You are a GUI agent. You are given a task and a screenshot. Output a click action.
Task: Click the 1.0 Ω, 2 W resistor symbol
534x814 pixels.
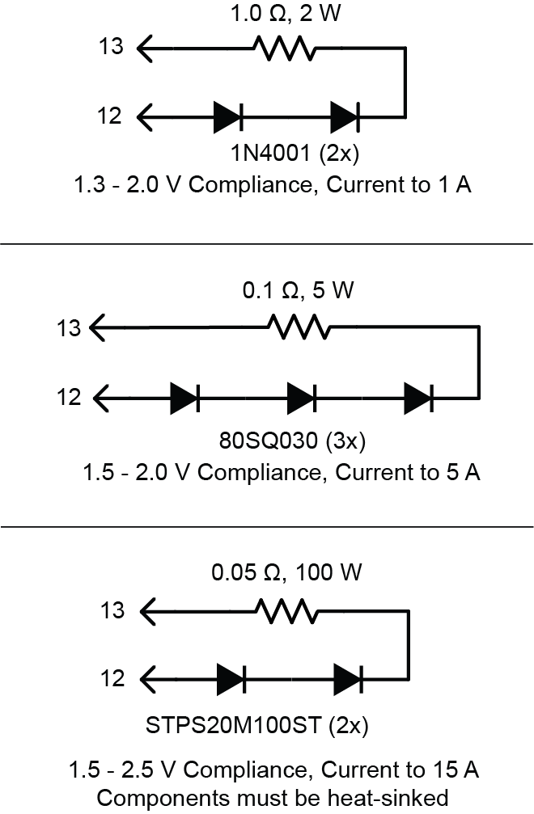tap(286, 49)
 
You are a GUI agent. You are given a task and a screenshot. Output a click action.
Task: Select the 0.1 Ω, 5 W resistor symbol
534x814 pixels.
tap(299, 328)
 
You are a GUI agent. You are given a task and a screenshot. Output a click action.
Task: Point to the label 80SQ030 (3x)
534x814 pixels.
tap(294, 442)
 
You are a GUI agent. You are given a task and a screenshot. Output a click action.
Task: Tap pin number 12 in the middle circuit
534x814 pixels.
tap(70, 399)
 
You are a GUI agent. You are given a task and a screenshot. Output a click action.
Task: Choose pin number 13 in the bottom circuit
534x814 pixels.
tap(112, 610)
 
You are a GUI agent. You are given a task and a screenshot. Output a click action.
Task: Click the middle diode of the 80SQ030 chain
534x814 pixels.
tap(302, 399)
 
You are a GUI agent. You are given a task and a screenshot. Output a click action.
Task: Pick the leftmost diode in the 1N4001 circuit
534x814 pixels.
tap(228, 117)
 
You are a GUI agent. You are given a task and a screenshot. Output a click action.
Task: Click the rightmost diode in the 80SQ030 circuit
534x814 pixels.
tap(419, 399)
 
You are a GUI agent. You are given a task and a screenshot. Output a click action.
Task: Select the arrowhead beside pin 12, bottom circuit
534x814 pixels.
tap(148, 677)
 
